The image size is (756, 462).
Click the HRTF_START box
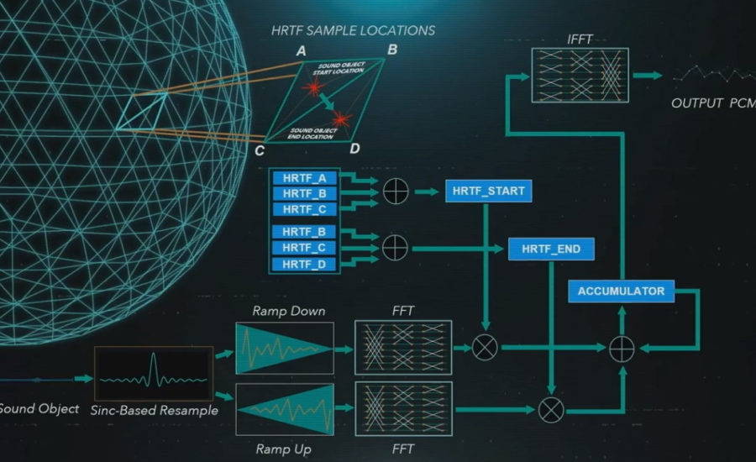tap(488, 191)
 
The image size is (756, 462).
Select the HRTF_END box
tap(551, 249)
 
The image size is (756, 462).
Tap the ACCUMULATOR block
tap(622, 291)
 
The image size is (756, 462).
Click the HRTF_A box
tap(304, 178)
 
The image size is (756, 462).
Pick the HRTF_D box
tap(304, 265)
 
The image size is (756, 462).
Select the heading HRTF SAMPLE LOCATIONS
tap(353, 30)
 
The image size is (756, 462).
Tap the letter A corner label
tap(301, 51)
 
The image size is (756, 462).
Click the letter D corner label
tap(354, 150)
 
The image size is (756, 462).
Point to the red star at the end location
tap(340, 118)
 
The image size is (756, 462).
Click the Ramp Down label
tap(288, 311)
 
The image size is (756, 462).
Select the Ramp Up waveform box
tap(284, 409)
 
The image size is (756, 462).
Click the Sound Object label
tap(39, 409)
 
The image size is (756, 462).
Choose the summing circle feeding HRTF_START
tap(395, 192)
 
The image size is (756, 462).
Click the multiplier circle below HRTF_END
tap(551, 409)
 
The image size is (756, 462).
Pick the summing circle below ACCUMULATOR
tap(622, 346)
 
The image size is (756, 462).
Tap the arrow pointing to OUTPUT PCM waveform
tap(648, 75)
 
